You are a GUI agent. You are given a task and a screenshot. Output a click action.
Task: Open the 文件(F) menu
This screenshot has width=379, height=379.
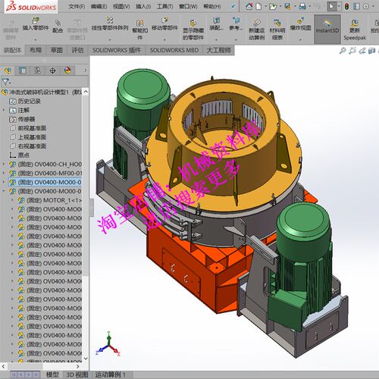click(x=76, y=6)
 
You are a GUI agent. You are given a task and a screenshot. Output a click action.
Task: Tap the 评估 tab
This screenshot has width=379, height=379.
click(x=77, y=50)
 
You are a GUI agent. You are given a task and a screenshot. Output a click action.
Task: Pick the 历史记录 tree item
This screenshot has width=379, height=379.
click(x=31, y=100)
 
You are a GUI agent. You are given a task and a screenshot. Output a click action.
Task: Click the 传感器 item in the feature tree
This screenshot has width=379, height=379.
click(x=27, y=119)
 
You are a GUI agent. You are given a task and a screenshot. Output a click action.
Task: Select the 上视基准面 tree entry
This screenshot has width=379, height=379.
click(x=31, y=137)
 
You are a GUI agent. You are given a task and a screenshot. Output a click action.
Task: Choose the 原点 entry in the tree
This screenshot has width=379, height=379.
click(x=23, y=155)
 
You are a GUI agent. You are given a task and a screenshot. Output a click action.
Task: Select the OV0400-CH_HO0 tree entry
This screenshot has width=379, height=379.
click(x=50, y=164)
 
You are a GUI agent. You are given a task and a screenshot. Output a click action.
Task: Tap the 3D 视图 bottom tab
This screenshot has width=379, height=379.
click(x=77, y=374)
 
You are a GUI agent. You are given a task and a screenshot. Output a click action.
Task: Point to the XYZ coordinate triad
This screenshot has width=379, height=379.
click(x=111, y=350)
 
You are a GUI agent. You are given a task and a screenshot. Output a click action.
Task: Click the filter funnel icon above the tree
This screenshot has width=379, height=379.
click(x=7, y=80)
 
